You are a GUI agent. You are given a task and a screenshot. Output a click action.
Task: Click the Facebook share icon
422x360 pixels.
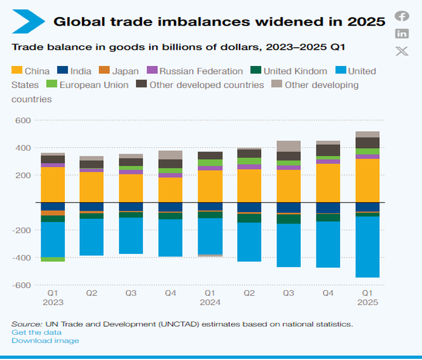pyautogui.click(x=402, y=16)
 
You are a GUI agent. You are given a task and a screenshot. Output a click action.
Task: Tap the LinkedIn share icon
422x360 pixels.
pyautogui.click(x=402, y=33)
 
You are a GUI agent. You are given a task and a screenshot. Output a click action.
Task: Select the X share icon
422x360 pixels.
pyautogui.click(x=402, y=51)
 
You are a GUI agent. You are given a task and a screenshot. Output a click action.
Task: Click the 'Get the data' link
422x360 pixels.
pyautogui.click(x=36, y=332)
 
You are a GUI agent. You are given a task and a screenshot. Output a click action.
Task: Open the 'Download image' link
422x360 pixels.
pyautogui.click(x=45, y=341)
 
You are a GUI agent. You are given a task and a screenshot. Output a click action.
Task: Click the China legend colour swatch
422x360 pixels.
pyautogui.click(x=17, y=71)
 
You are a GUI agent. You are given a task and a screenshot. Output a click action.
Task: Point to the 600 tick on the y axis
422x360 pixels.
pyautogui.click(x=22, y=121)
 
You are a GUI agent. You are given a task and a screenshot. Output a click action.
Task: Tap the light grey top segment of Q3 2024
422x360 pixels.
pyautogui.click(x=289, y=146)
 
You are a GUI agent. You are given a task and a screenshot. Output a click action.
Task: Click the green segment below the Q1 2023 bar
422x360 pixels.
pyautogui.click(x=53, y=259)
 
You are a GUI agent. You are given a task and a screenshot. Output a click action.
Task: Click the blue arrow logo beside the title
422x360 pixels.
pyautogui.click(x=28, y=22)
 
